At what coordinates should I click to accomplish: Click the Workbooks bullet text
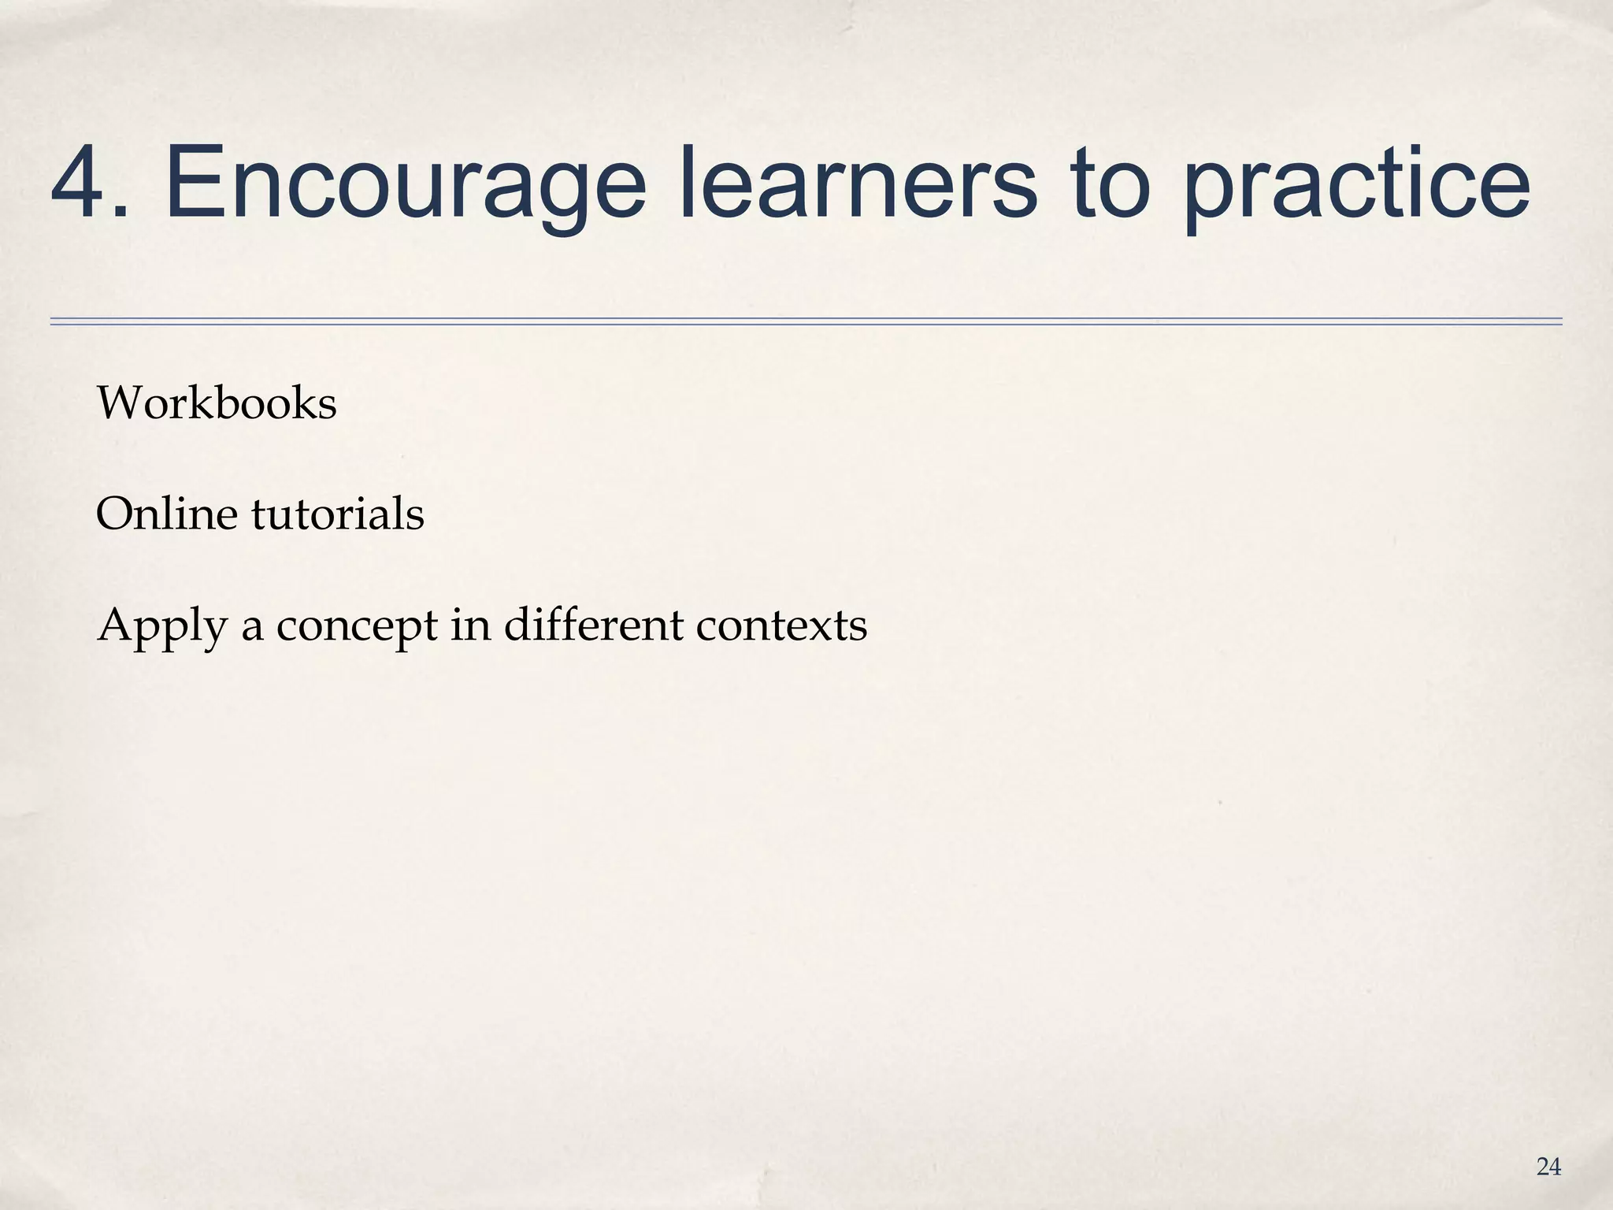tap(217, 403)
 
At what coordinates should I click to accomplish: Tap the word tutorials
tap(339, 514)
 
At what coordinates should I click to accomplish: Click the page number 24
tap(1548, 1167)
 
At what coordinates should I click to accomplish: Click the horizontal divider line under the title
tap(806, 321)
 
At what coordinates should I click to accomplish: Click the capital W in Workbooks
tap(117, 403)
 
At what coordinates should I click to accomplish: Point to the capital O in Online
tap(114, 514)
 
